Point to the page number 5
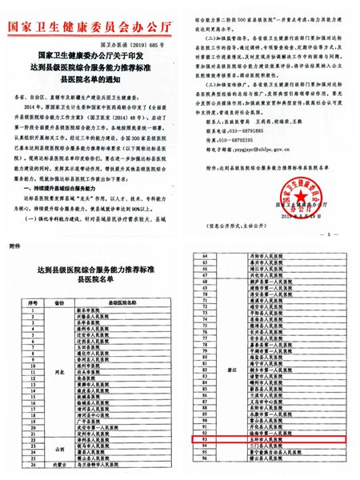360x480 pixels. coord(328,234)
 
